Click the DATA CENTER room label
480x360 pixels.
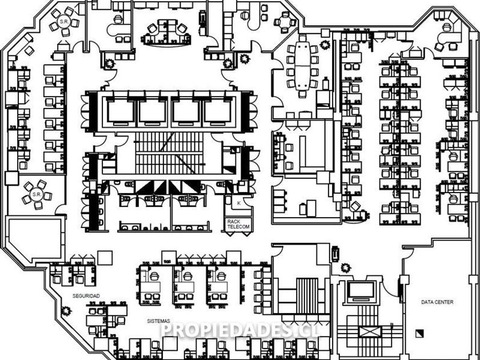click(x=437, y=302)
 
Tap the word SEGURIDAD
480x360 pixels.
click(x=86, y=295)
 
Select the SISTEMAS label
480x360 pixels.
click(x=158, y=322)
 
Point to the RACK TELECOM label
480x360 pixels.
click(x=238, y=224)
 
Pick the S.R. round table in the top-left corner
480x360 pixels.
click(x=61, y=21)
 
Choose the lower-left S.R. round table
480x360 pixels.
click(x=37, y=194)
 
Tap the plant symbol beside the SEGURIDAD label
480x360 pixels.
click(x=66, y=311)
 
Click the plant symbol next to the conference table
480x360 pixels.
click(x=325, y=44)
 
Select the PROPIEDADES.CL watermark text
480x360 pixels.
click(x=240, y=330)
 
